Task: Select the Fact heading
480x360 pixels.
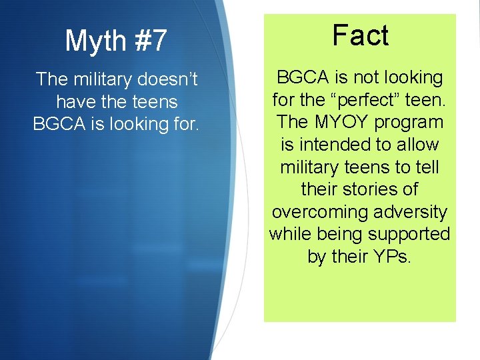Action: click(x=360, y=35)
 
